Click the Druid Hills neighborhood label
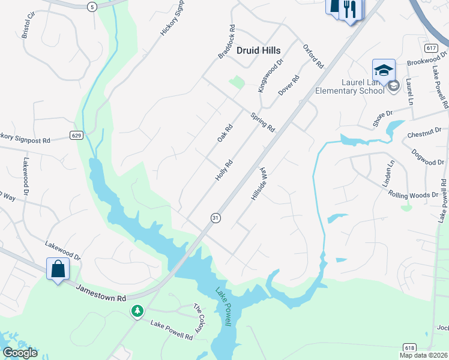pos(258,51)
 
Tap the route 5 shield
pos(91,7)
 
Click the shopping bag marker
pos(58,269)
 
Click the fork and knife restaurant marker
pos(349,10)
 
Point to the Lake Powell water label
pos(223,307)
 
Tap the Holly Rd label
pos(223,172)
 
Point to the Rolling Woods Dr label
pos(414,194)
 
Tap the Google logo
pos(20,352)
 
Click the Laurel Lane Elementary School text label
pos(354,86)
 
